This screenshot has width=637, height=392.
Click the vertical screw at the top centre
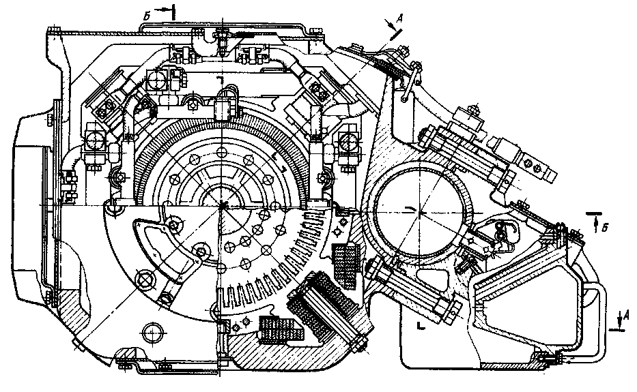pos(223,42)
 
